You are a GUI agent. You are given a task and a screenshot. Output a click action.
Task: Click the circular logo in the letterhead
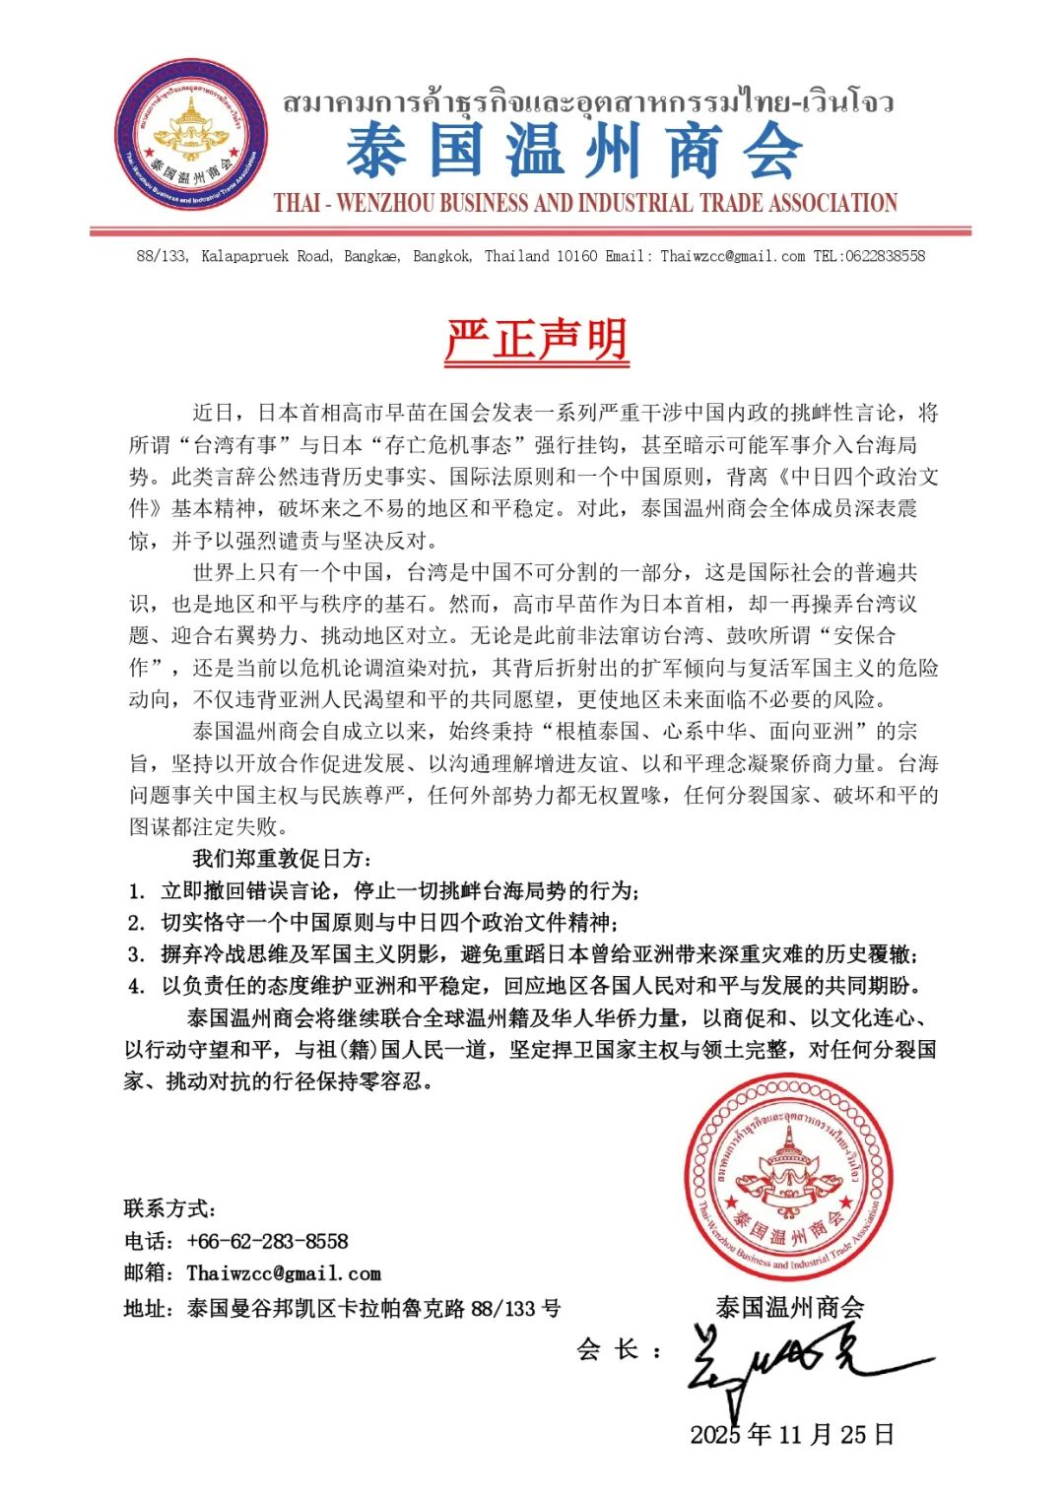click(190, 136)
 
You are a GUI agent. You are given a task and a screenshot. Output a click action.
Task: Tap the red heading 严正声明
click(536, 340)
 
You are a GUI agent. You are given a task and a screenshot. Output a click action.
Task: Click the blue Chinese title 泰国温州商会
click(574, 151)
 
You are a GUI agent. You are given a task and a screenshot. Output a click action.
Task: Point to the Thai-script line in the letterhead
click(588, 102)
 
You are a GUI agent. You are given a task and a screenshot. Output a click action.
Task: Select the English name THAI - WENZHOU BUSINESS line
click(585, 204)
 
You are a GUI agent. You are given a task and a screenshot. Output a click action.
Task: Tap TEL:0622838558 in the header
click(869, 256)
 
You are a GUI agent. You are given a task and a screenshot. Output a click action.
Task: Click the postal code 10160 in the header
click(576, 256)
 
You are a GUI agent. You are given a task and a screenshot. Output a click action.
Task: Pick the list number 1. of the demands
click(137, 891)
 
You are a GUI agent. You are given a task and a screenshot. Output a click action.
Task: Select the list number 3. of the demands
click(137, 954)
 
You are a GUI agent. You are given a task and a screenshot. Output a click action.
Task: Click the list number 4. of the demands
click(137, 986)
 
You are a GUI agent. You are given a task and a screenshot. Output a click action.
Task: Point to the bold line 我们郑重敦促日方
click(282, 859)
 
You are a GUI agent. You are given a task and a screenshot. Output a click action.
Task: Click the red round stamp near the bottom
click(788, 1179)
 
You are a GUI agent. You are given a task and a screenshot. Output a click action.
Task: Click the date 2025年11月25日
click(792, 1434)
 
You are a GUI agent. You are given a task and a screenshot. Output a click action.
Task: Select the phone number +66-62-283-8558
click(267, 1241)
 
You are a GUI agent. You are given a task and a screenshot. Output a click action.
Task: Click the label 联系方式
click(169, 1208)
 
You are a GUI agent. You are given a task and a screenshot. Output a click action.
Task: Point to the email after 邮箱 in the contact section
click(284, 1273)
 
